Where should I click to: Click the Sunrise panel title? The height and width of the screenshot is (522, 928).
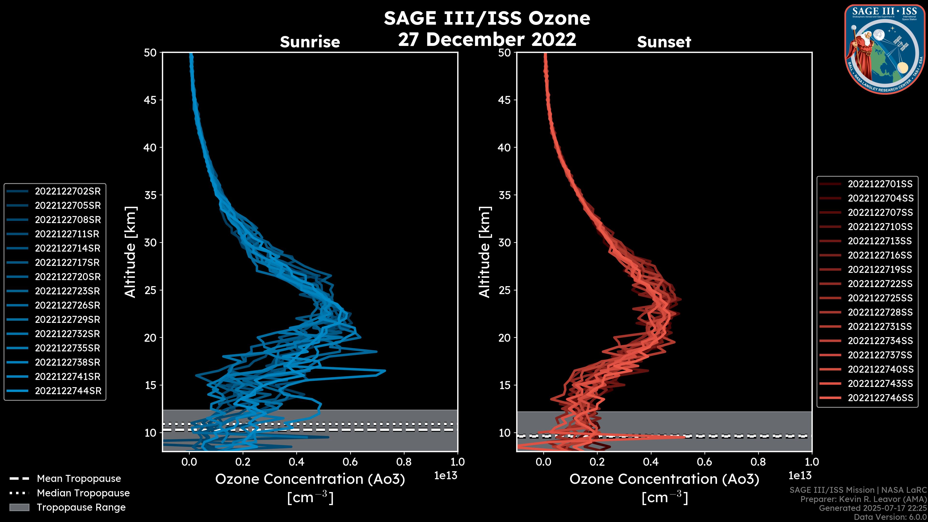pyautogui.click(x=310, y=42)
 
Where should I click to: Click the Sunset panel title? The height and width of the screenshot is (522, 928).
pyautogui.click(x=664, y=42)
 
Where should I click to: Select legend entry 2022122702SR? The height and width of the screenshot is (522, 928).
pyautogui.click(x=68, y=191)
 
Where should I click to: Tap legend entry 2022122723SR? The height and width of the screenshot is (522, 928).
pyautogui.click(x=67, y=291)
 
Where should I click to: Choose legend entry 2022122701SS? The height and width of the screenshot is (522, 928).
pyautogui.click(x=880, y=184)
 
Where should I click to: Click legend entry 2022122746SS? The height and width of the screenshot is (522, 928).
pyautogui.click(x=880, y=398)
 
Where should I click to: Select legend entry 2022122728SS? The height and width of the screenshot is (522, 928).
pyautogui.click(x=880, y=312)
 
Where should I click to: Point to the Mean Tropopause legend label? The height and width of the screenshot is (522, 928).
pyautogui.click(x=79, y=479)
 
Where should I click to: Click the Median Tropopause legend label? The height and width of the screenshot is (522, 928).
pyautogui.click(x=83, y=493)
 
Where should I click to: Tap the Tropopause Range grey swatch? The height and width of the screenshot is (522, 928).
pyautogui.click(x=19, y=507)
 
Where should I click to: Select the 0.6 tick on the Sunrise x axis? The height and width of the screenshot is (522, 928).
pyautogui.click(x=350, y=462)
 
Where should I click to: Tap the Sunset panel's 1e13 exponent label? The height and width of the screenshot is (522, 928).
pyautogui.click(x=800, y=476)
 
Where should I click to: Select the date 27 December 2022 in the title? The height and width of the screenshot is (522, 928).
pyautogui.click(x=487, y=39)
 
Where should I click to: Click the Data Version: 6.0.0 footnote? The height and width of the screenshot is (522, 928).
pyautogui.click(x=890, y=517)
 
